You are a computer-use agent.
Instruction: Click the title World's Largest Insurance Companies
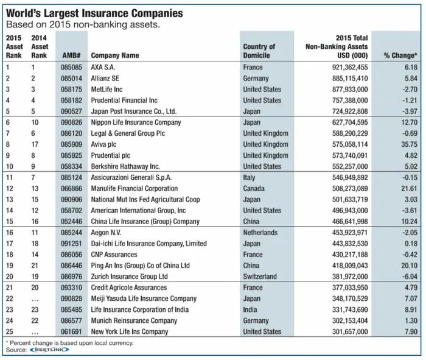(x=94, y=13)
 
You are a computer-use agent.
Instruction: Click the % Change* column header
(x=400, y=55)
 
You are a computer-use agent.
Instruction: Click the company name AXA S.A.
(x=105, y=68)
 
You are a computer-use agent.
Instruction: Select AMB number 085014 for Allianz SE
(x=72, y=79)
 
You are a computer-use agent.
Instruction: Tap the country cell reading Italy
(x=250, y=177)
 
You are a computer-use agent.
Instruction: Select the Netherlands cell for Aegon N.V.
(x=261, y=233)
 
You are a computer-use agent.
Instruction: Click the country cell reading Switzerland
(x=261, y=277)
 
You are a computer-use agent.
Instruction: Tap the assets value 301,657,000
(x=344, y=331)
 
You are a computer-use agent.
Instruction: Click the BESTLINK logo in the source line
(x=44, y=350)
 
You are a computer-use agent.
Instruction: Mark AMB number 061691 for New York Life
(x=72, y=331)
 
